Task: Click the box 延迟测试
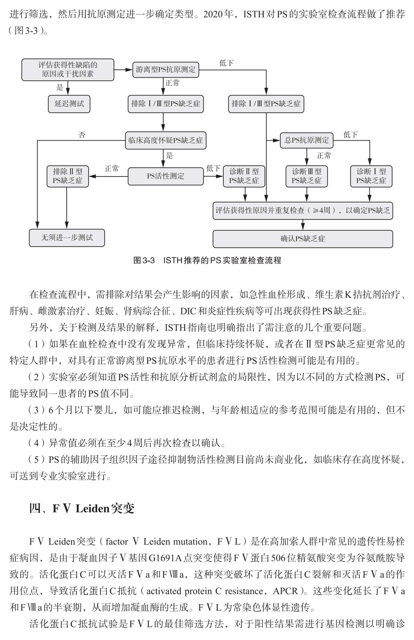click(69, 104)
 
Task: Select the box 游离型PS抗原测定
click(165, 70)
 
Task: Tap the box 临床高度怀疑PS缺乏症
click(165, 140)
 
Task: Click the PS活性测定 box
click(165, 176)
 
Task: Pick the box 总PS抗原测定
click(306, 140)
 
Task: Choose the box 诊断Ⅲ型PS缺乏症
click(306, 176)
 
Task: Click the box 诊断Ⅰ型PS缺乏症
click(371, 176)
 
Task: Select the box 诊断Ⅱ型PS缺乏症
click(244, 176)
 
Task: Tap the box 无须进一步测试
click(67, 238)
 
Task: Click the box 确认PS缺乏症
click(303, 239)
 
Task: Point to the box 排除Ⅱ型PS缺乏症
click(68, 176)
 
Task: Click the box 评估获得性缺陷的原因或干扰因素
click(68, 70)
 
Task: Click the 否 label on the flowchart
click(82, 135)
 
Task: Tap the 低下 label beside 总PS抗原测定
click(351, 135)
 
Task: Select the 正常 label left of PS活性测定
click(112, 169)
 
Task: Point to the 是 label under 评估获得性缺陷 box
click(60, 87)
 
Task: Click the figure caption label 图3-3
click(144, 260)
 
